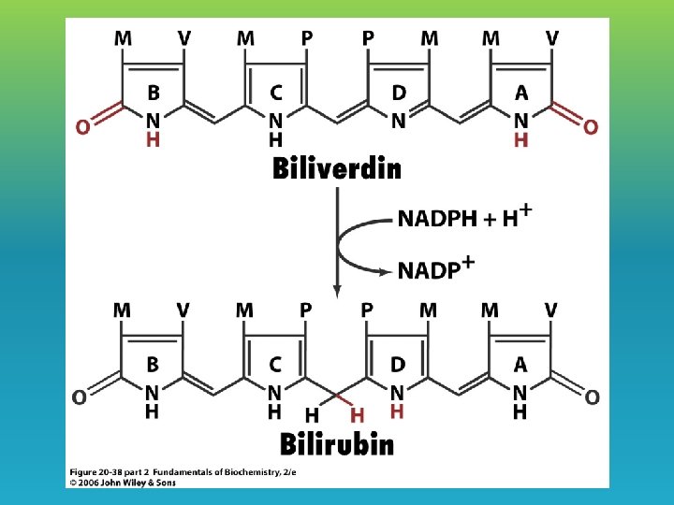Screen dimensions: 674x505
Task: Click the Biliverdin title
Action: tap(337, 169)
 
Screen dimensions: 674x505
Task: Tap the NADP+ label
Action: tap(435, 269)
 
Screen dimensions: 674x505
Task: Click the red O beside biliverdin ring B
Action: tap(83, 126)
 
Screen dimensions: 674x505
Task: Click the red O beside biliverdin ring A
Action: tap(591, 126)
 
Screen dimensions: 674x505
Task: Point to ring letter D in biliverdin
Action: tap(399, 94)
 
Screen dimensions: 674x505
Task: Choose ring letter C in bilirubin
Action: tap(275, 365)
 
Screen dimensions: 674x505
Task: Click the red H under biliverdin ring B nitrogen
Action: tap(153, 139)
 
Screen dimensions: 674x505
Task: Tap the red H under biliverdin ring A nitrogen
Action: tap(520, 139)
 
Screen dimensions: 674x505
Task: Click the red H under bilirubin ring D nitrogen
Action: tap(398, 411)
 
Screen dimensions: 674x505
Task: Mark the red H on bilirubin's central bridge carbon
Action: tap(358, 414)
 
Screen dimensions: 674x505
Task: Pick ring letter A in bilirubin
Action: tap(520, 365)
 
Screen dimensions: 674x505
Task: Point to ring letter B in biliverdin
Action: tap(153, 94)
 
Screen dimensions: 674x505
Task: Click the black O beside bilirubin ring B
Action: tap(81, 397)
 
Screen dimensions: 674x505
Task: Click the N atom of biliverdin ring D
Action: tap(399, 121)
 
